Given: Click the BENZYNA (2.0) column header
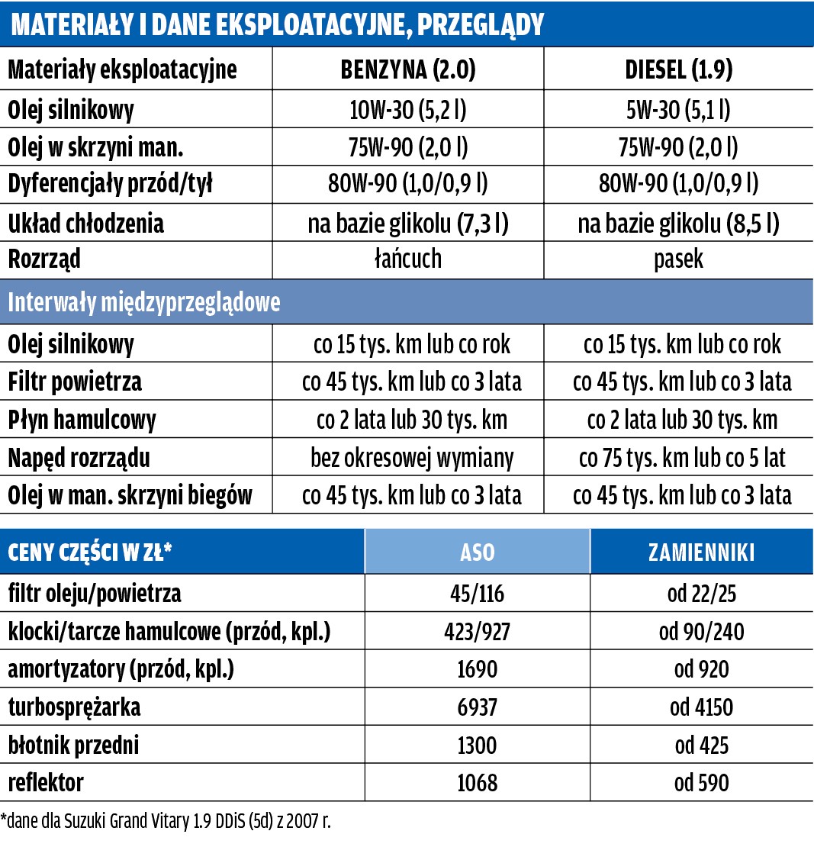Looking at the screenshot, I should click(x=407, y=70).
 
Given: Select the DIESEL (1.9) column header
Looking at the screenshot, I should click(x=678, y=70).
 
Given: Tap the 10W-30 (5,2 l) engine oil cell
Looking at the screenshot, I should click(x=407, y=110).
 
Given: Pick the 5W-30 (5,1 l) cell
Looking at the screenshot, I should click(x=678, y=110).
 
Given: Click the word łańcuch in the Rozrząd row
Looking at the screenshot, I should click(x=407, y=259).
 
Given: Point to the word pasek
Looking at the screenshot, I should click(x=678, y=259).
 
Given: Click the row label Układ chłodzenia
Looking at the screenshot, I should click(x=85, y=224).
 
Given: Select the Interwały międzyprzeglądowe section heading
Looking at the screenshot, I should click(x=144, y=302).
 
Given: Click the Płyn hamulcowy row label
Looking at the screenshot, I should click(x=82, y=420).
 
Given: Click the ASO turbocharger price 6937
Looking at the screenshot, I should click(x=477, y=707).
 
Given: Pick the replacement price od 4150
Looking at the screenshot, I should click(x=703, y=707).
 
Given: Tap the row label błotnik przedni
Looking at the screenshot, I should click(x=73, y=745).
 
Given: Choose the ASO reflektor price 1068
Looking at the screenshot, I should click(x=477, y=783).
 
